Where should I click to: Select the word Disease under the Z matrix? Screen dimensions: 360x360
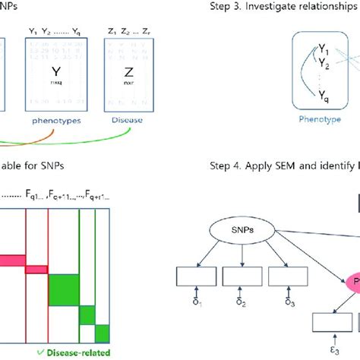pyautogui.click(x=122, y=120)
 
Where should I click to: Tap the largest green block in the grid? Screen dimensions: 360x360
pyautogui.click(x=64, y=289)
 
